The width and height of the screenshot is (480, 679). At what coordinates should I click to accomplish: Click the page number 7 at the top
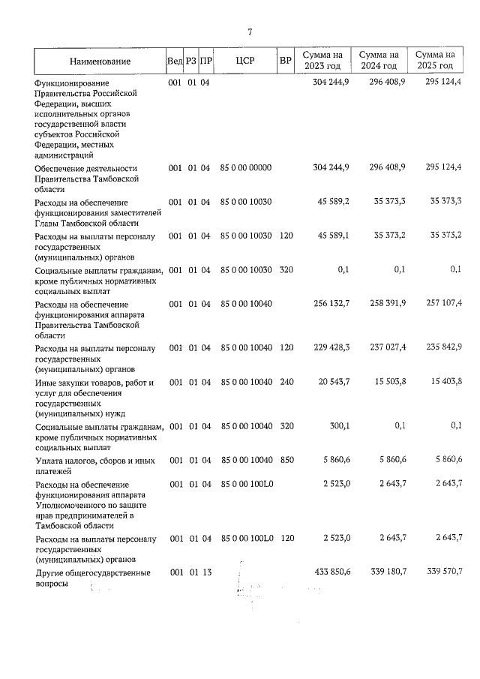coord(249,32)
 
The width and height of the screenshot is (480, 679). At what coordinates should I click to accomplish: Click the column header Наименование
coord(100,61)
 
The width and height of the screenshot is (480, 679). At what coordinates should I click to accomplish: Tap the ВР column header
coord(285,61)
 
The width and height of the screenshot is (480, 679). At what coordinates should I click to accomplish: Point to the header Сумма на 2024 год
coord(378,61)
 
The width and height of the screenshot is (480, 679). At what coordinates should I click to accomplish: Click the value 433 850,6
coord(330,572)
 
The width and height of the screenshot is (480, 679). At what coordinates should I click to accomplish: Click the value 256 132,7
coord(330,303)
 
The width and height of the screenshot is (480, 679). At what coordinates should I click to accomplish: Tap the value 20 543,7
coord(332,383)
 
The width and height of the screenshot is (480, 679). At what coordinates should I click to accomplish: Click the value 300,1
coord(340,426)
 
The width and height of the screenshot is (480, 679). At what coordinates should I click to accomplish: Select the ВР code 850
coord(285,458)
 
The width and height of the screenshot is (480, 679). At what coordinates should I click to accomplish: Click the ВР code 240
coord(285,383)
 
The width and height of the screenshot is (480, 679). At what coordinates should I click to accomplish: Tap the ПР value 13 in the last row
coord(205,572)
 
